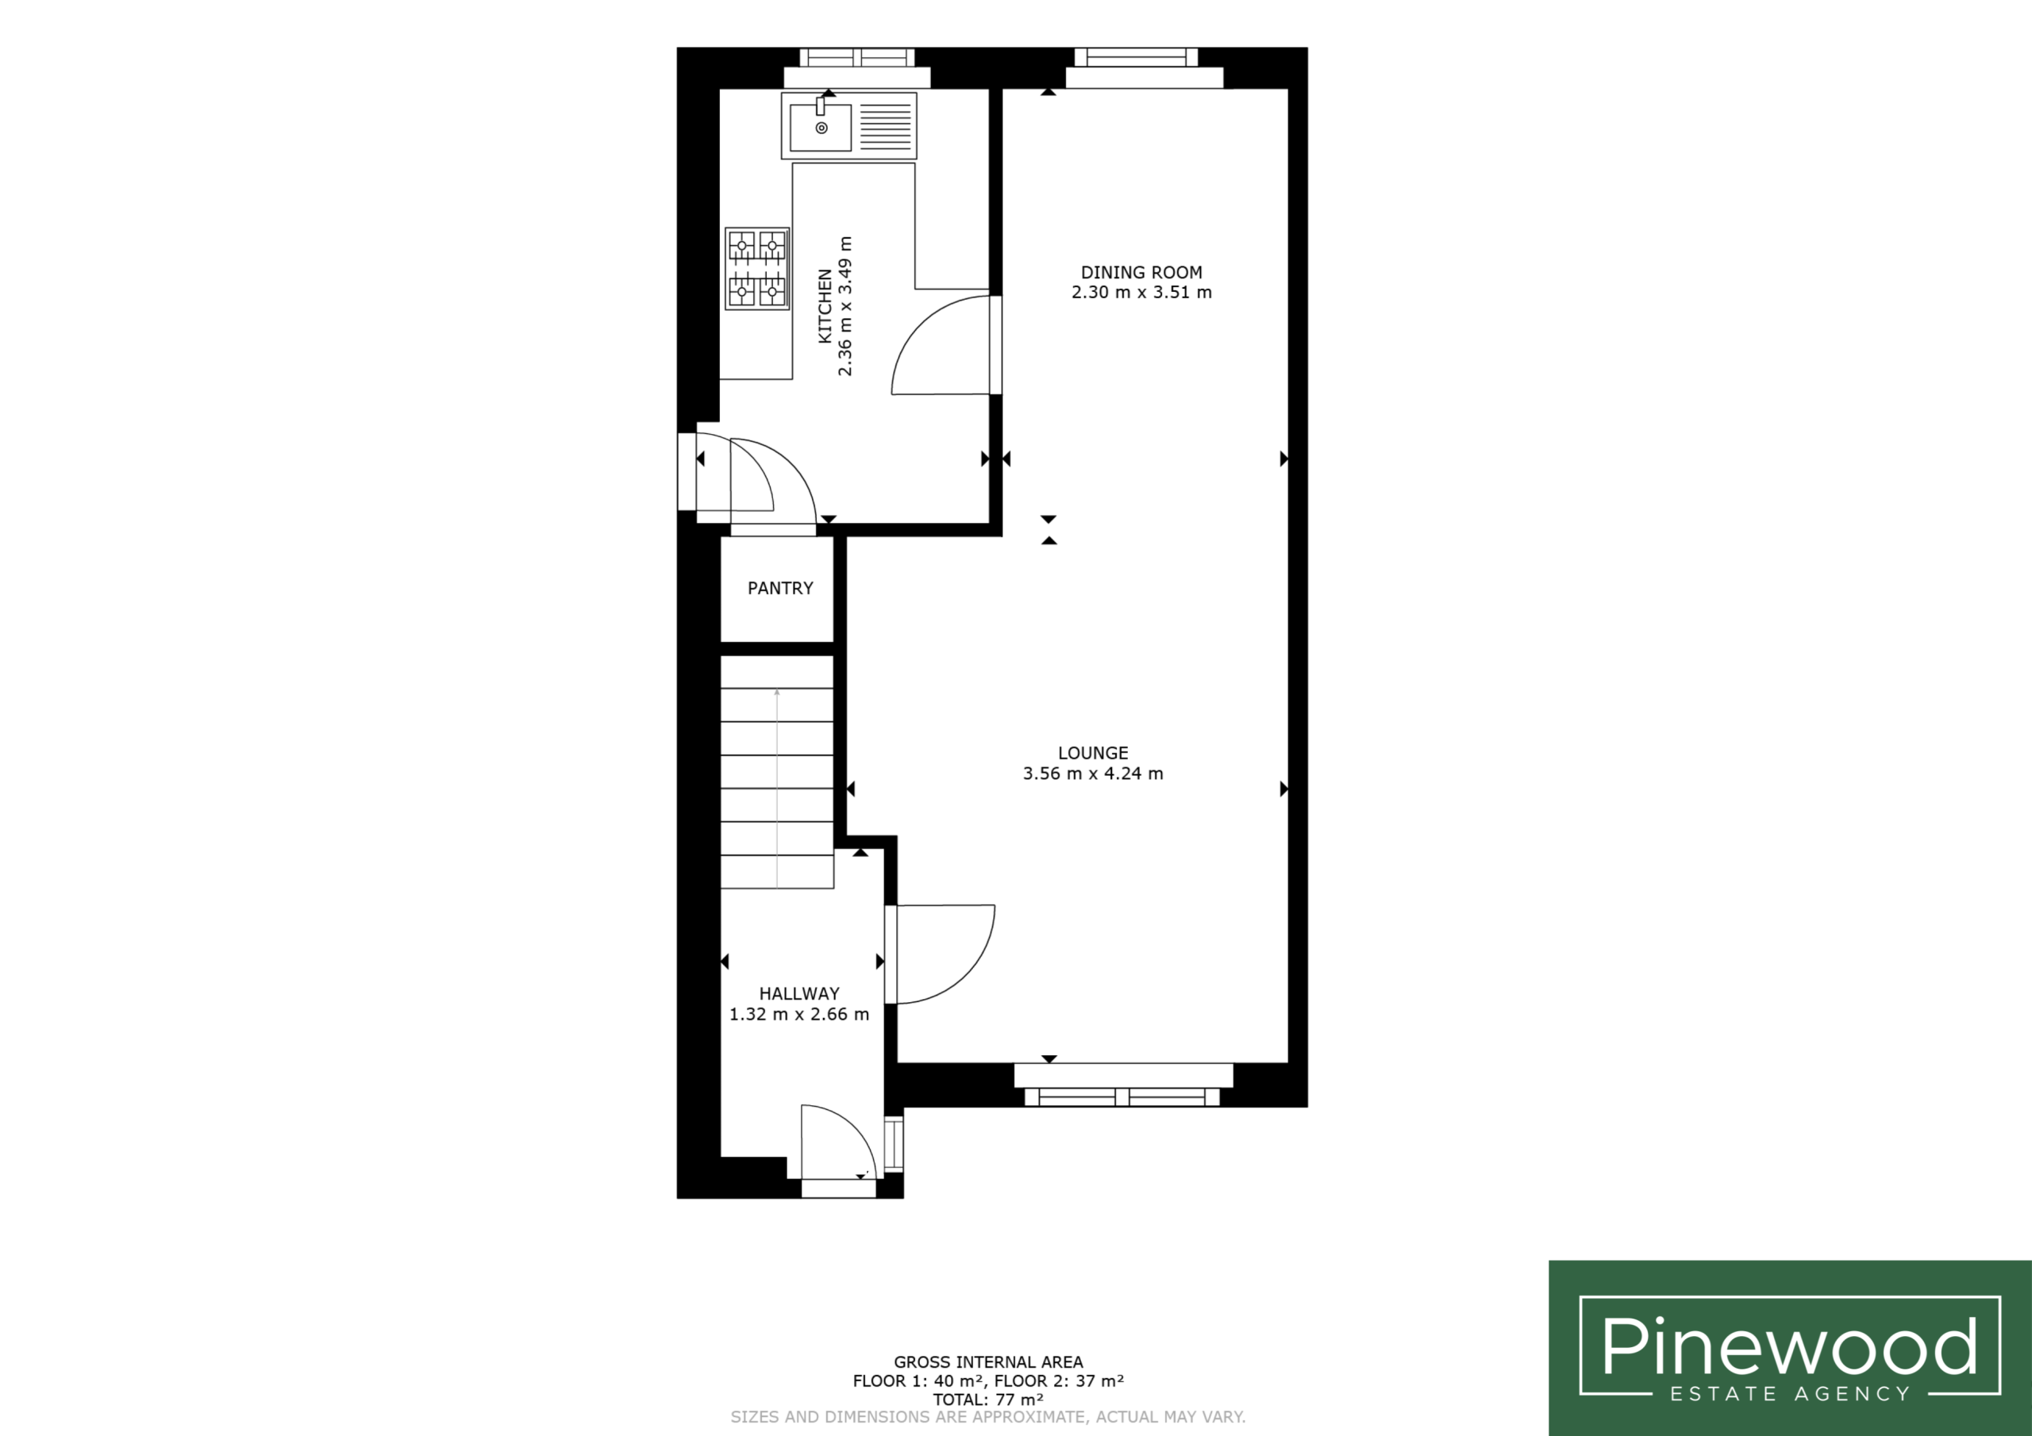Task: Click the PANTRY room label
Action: click(x=779, y=589)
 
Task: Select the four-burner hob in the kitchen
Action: click(x=756, y=268)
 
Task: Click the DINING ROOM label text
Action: click(x=1141, y=272)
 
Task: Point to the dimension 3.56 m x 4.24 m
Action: click(x=1093, y=774)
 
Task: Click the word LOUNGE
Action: click(x=1093, y=753)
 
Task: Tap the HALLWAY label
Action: click(x=799, y=993)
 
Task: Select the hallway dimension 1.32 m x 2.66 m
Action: click(x=799, y=1014)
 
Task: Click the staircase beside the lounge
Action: click(x=777, y=771)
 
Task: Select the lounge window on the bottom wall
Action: click(x=1122, y=1097)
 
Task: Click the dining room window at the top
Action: click(x=1137, y=57)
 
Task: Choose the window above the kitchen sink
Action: click(x=856, y=57)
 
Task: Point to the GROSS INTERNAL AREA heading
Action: click(x=988, y=1362)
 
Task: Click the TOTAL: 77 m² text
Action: click(x=988, y=1400)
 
